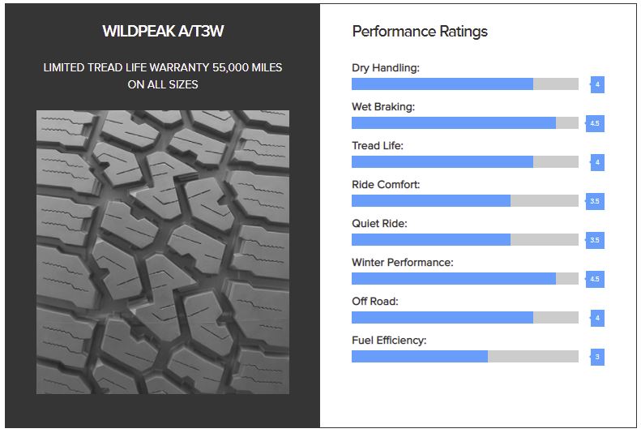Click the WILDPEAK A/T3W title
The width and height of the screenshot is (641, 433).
163,31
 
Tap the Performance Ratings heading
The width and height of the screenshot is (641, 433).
420,32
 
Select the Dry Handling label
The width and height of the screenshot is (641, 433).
386,68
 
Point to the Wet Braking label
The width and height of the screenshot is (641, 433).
383,107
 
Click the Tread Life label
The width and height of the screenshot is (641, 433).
378,146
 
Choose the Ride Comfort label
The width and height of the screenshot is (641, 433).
386,184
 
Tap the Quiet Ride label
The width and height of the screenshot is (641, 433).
379,223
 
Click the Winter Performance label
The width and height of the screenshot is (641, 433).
402,262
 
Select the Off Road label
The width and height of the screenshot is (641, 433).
375,302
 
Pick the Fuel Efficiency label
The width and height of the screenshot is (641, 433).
389,341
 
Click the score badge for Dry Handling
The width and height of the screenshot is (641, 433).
597,84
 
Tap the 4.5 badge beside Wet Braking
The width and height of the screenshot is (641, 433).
595,123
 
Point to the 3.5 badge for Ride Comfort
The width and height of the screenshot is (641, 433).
595,201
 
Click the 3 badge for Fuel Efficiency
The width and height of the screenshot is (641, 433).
597,357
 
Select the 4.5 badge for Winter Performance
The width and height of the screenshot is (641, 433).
595,279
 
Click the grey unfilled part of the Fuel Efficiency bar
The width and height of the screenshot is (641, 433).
533,356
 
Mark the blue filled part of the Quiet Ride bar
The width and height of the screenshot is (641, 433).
431,239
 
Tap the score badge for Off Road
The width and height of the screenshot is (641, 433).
597,318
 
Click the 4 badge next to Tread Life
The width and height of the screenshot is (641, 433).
597,162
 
